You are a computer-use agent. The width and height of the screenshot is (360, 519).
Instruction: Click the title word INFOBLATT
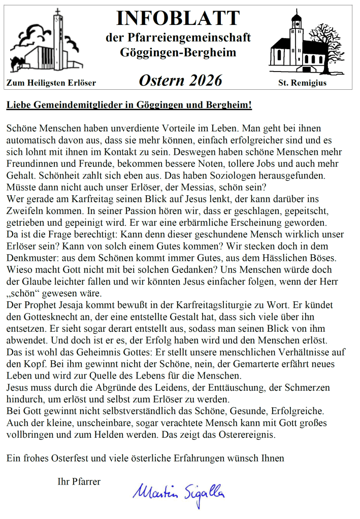tap(178, 18)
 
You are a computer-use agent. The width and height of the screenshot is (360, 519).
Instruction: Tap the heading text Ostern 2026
tap(180, 80)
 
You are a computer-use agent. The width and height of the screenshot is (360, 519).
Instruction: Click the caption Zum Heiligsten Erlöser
tap(51, 83)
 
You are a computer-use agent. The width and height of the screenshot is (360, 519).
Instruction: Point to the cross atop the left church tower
tap(57, 11)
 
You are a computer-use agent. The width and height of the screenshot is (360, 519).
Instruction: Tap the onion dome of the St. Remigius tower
tap(296, 19)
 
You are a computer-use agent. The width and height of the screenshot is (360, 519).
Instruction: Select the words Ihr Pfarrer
tap(79, 481)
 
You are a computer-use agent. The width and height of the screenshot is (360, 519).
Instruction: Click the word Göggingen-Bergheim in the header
tap(178, 53)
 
